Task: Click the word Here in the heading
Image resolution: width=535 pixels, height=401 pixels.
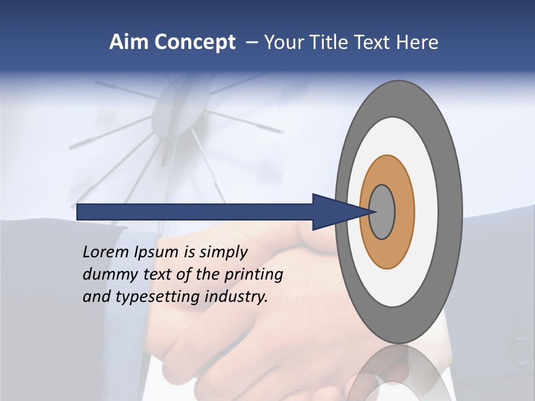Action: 417,42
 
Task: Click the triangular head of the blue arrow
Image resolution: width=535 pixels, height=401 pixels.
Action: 334,212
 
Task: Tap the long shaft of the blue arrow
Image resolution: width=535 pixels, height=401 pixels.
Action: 195,212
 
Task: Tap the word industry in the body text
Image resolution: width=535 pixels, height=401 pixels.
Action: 237,297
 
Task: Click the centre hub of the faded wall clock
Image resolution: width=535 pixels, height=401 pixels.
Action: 177,105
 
